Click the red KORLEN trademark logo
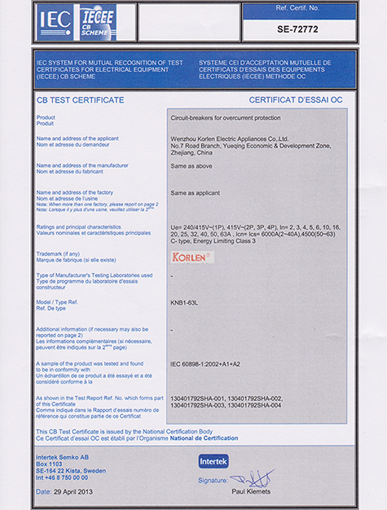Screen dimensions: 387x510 [x=192, y=257]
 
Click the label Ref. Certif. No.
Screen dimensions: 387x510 [x=311, y=7]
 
